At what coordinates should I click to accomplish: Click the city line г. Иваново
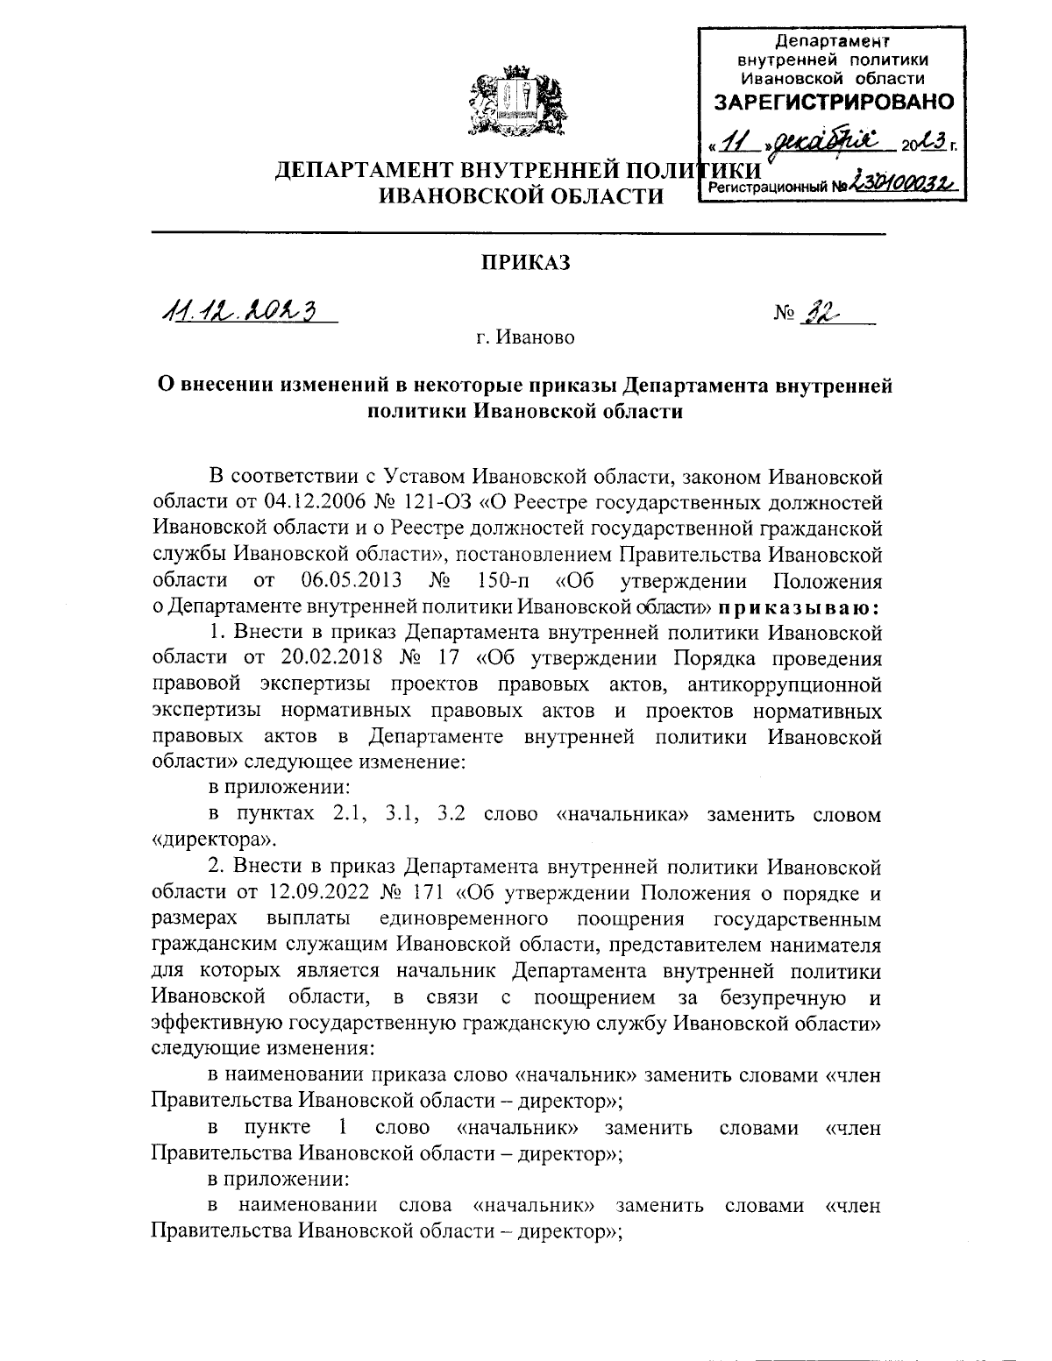coord(526,337)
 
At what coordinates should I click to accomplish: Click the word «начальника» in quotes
coord(624,813)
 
